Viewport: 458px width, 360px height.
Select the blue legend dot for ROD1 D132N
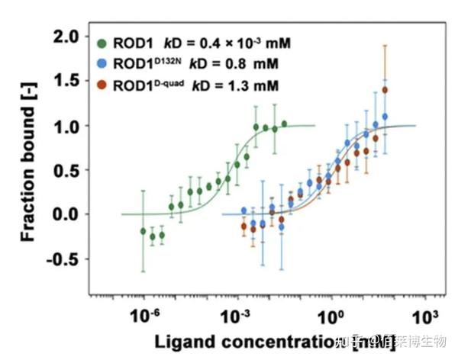(102, 62)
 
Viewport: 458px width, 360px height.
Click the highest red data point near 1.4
(385, 90)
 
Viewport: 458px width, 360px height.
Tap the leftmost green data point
(143, 230)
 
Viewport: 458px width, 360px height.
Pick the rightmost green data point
(284, 123)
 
